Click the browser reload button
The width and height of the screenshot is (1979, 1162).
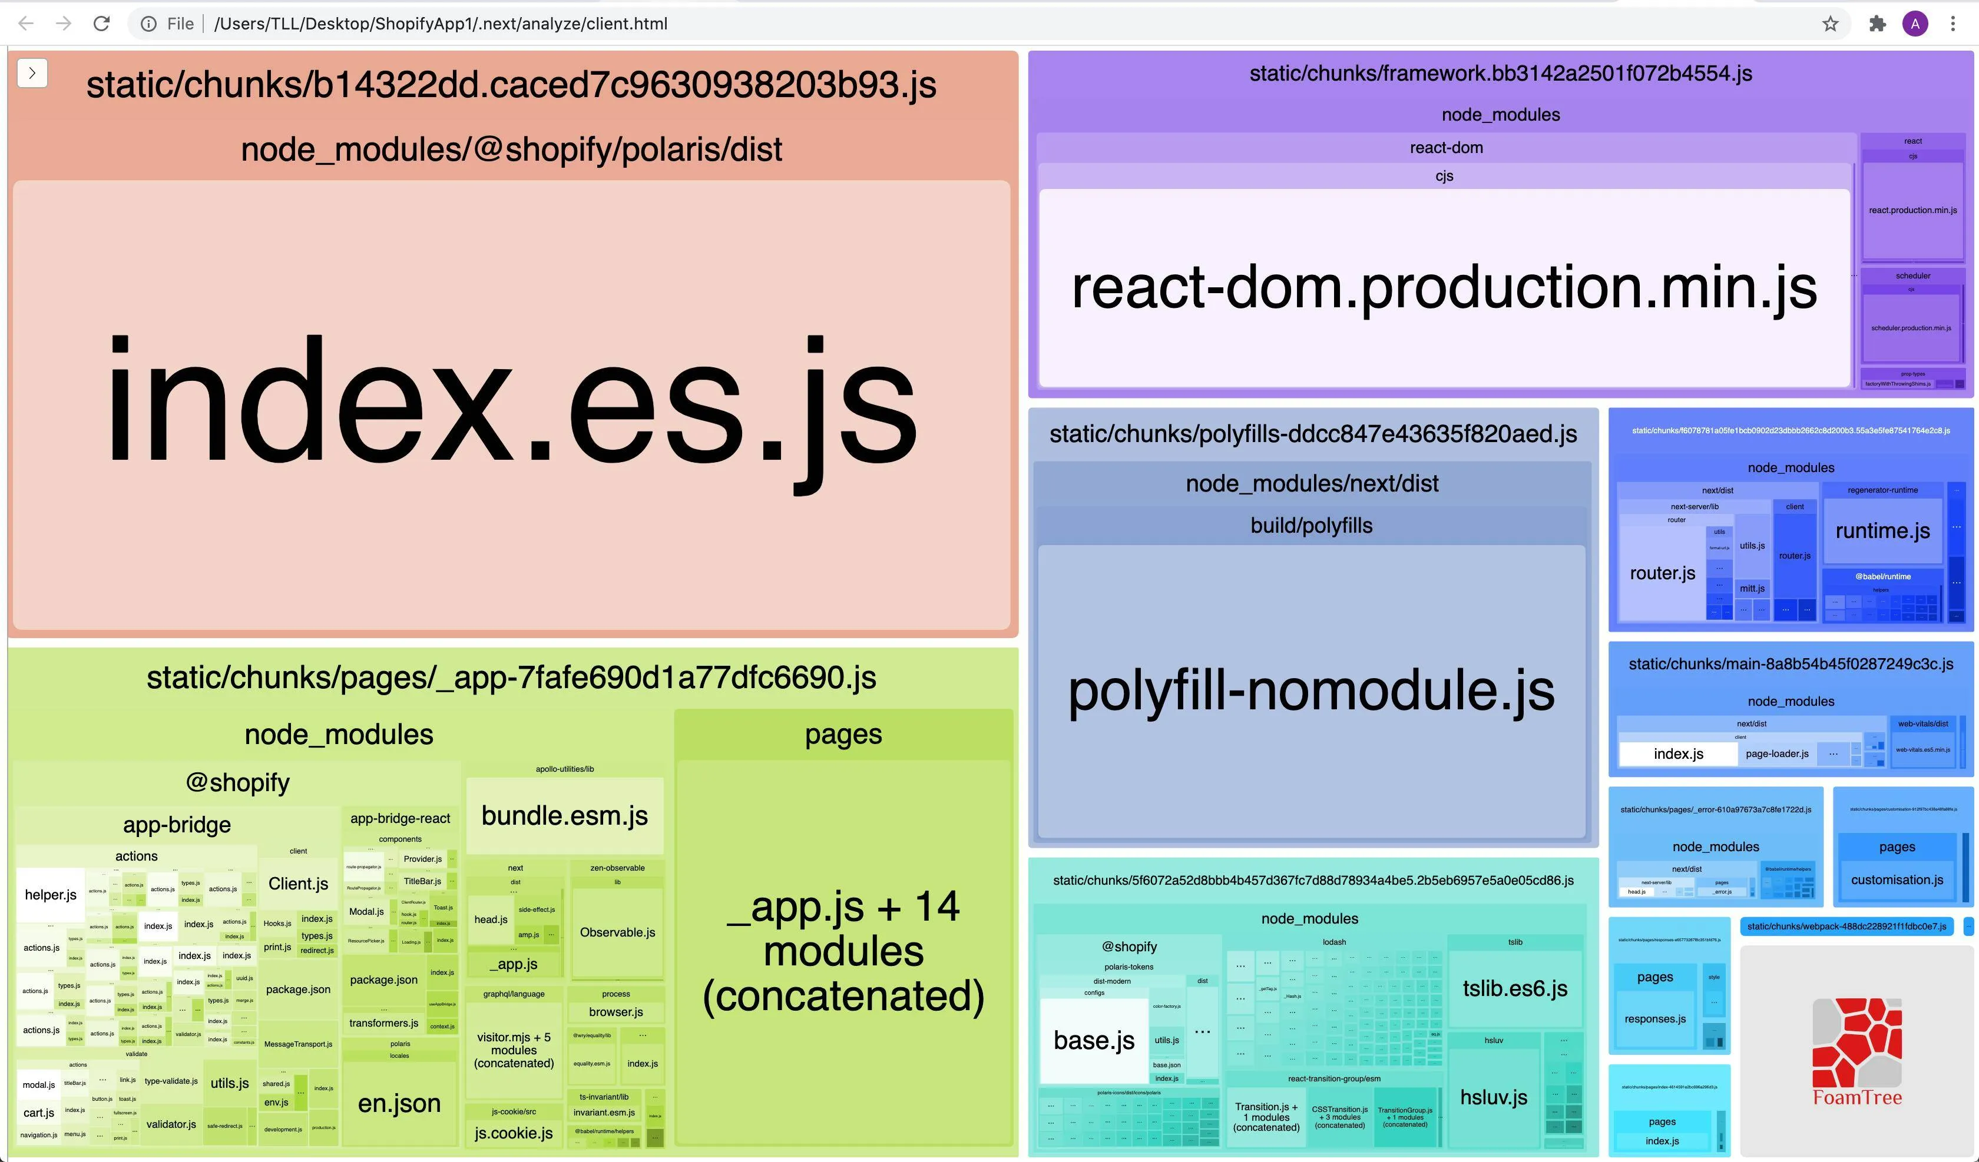[101, 24]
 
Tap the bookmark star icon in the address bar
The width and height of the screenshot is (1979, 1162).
[1831, 24]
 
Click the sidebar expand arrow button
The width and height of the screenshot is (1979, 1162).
[32, 73]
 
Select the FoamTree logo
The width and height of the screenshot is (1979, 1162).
[1856, 1052]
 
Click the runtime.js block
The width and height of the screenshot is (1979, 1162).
[1882, 532]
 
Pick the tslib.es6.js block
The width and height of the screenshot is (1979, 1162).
[1514, 988]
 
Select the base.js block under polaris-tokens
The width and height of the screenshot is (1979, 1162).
[1093, 1040]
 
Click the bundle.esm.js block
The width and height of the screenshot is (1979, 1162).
[565, 816]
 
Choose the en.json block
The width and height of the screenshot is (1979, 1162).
[399, 1103]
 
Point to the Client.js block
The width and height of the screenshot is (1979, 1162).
[299, 884]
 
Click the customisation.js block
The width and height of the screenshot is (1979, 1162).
[1897, 880]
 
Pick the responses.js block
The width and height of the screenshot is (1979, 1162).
[1654, 1019]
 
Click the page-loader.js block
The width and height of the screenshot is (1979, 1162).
[1776, 753]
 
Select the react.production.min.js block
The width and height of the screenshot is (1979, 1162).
[1912, 210]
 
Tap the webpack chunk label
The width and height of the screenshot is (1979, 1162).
[1846, 927]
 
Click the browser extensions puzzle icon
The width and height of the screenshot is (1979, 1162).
[1877, 24]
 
